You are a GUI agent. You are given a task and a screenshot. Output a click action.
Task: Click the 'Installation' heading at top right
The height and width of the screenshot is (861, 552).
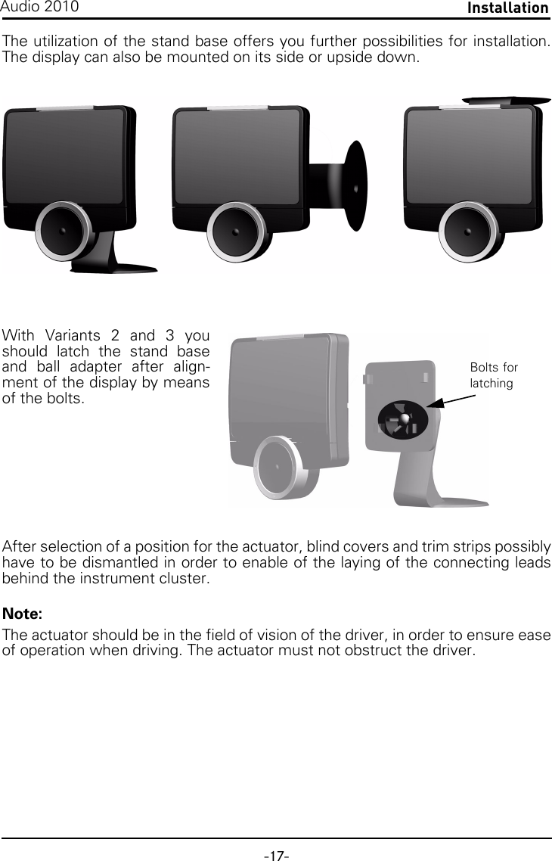point(507,8)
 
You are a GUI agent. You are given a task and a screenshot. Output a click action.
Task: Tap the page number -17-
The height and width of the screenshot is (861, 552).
point(276,856)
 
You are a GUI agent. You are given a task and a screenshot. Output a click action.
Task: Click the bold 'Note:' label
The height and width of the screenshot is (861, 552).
point(23,612)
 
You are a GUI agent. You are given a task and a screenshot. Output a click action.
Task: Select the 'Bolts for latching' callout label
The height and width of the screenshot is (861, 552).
point(493,375)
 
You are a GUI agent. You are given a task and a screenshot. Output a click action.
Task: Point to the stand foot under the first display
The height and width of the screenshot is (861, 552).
point(121,264)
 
